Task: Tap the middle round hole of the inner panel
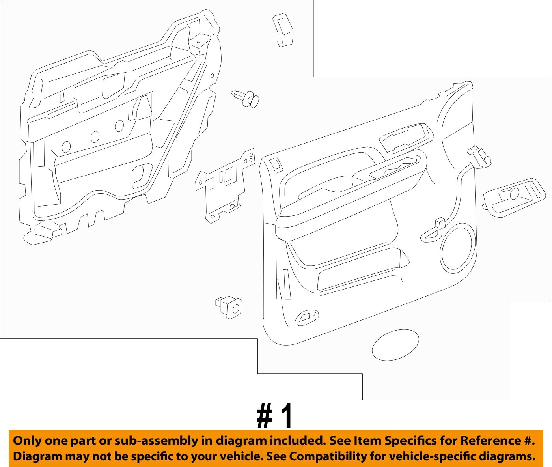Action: point(95,136)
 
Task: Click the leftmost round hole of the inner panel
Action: point(66,146)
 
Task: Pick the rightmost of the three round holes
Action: point(119,125)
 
